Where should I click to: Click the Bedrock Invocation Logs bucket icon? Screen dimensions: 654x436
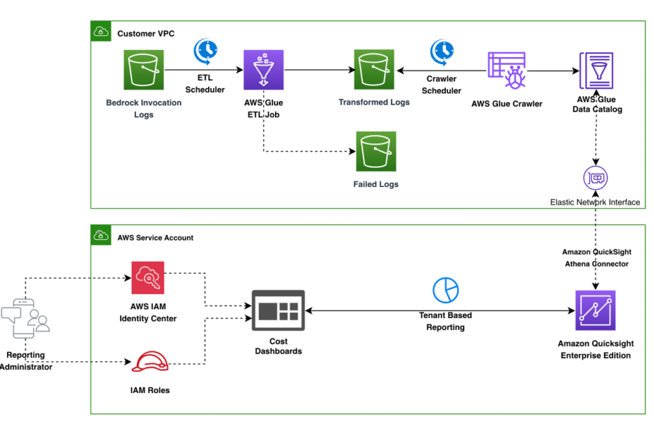point(143,70)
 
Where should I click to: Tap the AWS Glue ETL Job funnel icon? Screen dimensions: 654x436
point(264,70)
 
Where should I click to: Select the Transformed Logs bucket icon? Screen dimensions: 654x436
point(374,70)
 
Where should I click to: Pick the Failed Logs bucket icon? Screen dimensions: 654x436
point(376,151)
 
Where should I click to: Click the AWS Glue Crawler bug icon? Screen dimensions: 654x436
point(507,70)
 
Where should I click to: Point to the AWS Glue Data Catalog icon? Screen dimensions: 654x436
point(596,70)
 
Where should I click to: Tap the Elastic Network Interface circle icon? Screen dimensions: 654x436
point(596,178)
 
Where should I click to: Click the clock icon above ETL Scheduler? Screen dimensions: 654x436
point(205,51)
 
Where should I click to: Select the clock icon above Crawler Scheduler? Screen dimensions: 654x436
point(442,52)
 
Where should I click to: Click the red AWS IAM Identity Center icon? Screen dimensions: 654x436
point(148,278)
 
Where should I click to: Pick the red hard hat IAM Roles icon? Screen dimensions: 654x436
point(150,361)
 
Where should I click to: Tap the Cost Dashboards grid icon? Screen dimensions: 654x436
point(278,310)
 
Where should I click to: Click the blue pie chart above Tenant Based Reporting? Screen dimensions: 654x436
point(445,290)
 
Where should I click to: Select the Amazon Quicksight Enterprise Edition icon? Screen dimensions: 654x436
point(596,310)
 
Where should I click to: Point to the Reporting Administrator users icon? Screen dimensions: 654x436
point(25,319)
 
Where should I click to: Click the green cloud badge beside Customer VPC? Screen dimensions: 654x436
point(101,31)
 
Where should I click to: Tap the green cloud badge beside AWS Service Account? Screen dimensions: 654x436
point(101,236)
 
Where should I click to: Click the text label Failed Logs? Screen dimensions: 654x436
point(376,184)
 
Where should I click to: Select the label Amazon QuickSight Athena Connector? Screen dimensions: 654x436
point(596,258)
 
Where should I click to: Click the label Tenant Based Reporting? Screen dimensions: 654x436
point(445,321)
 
